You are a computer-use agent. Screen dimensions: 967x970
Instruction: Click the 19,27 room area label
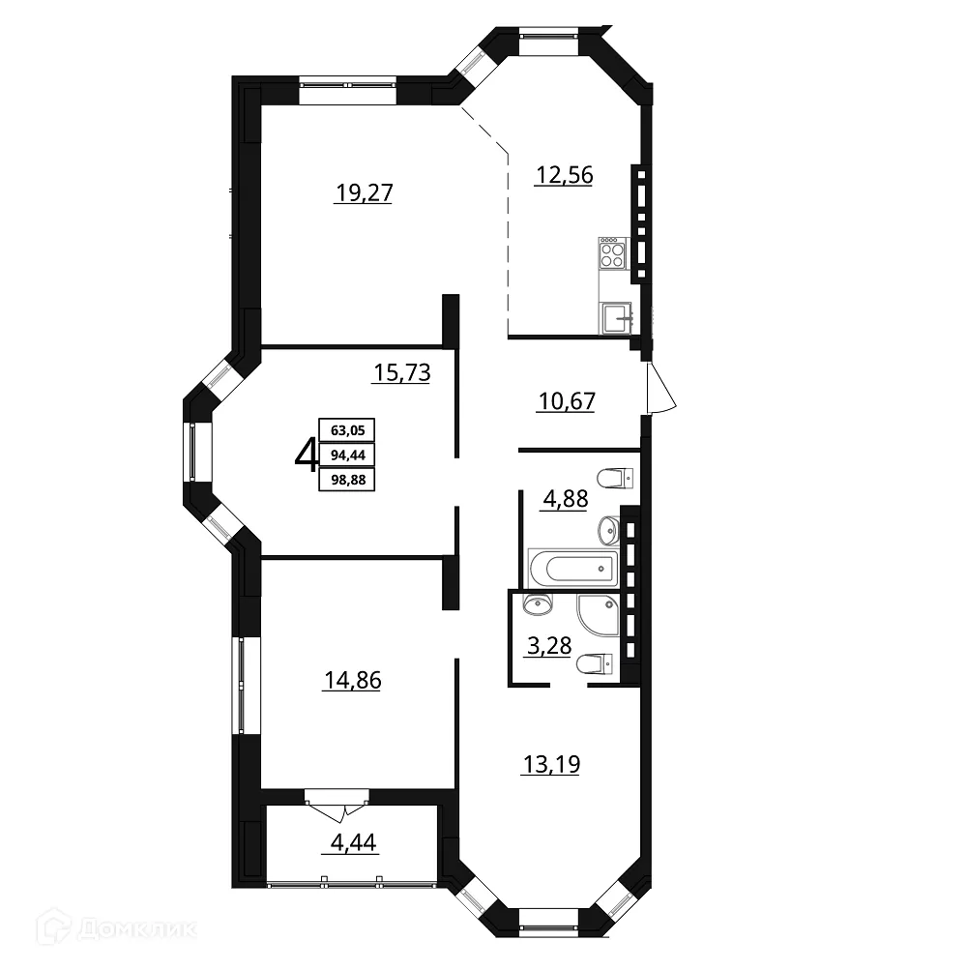[x=364, y=193]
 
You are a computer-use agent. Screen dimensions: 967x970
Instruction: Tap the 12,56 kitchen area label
[x=564, y=175]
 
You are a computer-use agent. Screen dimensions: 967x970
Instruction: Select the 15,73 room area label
[x=402, y=372]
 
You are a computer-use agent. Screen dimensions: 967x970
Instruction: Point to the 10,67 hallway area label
[x=567, y=401]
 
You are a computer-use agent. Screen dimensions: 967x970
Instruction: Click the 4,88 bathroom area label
[x=565, y=499]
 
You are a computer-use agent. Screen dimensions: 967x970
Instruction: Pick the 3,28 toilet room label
[x=548, y=646]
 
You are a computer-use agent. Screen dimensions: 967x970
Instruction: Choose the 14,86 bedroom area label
[x=353, y=681]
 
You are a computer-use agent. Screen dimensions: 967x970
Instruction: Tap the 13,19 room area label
[x=552, y=765]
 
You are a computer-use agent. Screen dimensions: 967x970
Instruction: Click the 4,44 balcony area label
[x=353, y=842]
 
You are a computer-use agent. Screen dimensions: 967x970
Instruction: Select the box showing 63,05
[x=347, y=430]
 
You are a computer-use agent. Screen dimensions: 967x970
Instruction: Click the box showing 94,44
[x=347, y=455]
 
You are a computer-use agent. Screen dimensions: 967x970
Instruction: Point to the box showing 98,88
[x=347, y=480]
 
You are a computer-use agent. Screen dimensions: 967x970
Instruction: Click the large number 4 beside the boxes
[x=307, y=455]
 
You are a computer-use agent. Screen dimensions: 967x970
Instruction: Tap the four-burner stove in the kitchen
[x=612, y=253]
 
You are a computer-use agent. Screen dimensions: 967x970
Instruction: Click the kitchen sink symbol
[x=614, y=318]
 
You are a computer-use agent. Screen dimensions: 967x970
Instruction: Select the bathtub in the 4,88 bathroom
[x=573, y=568]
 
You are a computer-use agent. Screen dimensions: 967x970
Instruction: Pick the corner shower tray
[x=598, y=615]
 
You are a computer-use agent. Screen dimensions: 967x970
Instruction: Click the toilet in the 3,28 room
[x=595, y=664]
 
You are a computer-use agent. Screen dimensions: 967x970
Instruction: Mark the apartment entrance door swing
[x=660, y=388]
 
